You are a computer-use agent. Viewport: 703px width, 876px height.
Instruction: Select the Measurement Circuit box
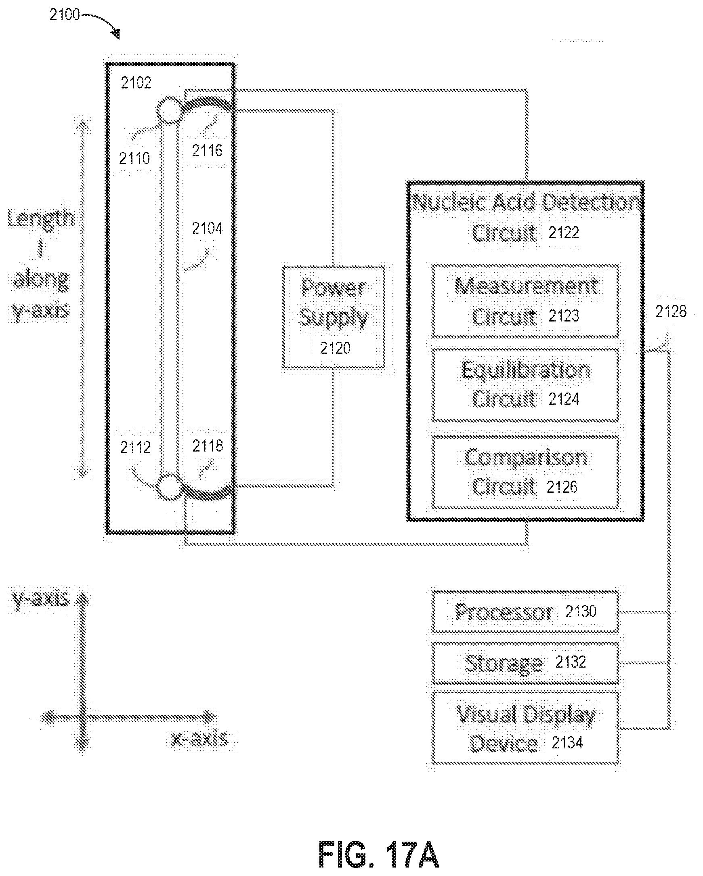pos(525,301)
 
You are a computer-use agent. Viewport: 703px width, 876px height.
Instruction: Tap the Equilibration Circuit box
pos(525,384)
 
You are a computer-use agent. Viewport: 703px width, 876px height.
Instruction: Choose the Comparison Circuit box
pos(525,472)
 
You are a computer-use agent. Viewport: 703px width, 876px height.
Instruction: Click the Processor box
pos(525,611)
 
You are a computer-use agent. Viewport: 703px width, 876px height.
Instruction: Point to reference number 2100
pos(64,15)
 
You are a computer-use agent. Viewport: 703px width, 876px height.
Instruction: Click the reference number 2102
pos(136,83)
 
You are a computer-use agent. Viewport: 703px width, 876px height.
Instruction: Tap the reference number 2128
pos(671,312)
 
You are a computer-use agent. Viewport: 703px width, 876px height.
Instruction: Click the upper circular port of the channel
pos(169,110)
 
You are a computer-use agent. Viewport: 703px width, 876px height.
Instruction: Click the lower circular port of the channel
pos(168,486)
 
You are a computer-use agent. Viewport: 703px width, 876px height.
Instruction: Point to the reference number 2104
pos(207,228)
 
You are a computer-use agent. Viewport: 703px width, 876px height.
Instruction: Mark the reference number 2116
pos(207,151)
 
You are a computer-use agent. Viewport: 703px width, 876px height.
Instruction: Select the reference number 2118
pos(208,446)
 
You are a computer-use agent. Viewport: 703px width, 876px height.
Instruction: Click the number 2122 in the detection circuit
pos(564,233)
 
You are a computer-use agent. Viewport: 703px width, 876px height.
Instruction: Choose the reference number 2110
pos(134,158)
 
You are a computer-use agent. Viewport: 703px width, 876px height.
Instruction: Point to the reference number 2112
pos(135,447)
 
